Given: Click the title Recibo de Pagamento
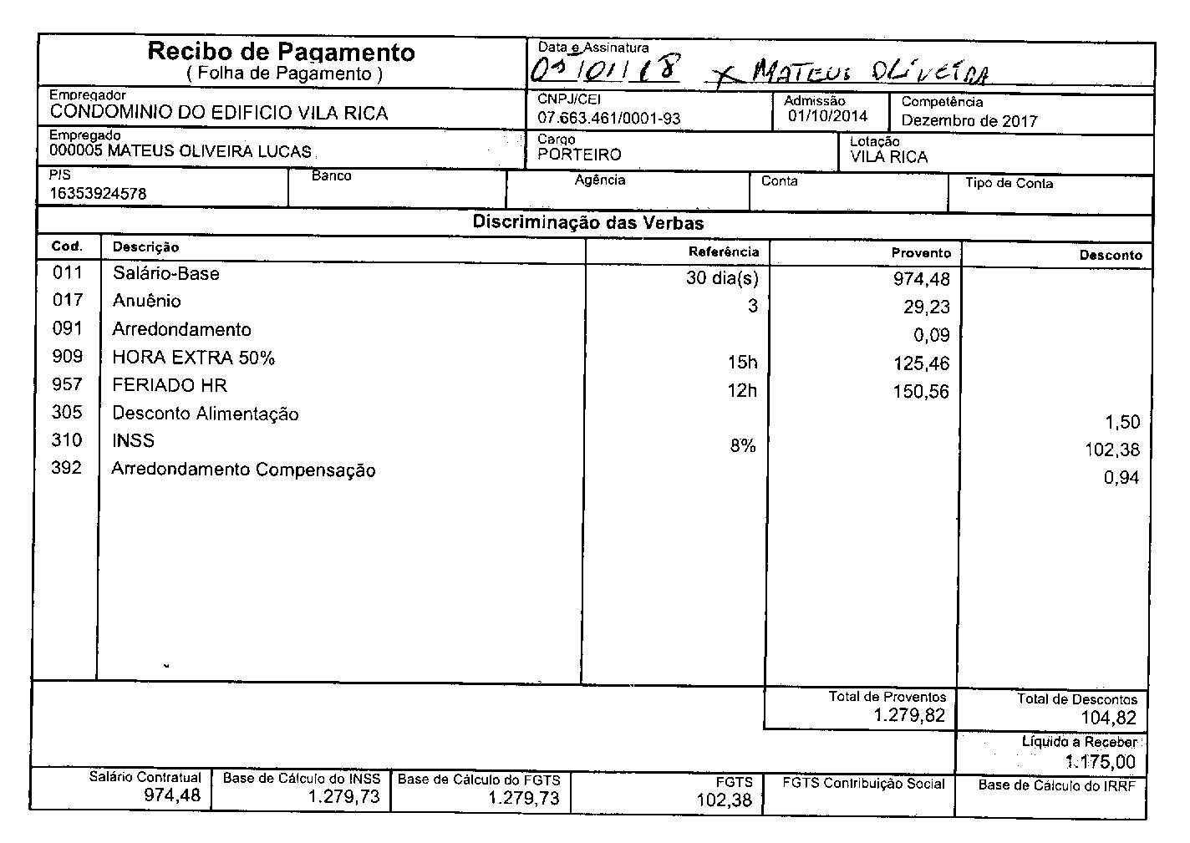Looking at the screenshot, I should [x=281, y=52].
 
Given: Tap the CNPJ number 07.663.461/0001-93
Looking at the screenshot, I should [x=608, y=119].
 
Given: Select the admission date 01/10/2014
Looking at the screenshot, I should [x=827, y=116].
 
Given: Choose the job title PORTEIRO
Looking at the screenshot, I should [x=579, y=155].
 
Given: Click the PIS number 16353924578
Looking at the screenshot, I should [x=98, y=193].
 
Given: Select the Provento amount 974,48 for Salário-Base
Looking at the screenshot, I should [x=922, y=279].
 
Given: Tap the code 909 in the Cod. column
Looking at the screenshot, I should [x=68, y=357].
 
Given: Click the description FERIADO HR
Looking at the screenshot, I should [x=170, y=385].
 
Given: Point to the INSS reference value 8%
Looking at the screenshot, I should [x=742, y=446].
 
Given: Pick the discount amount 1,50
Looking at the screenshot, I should [x=1121, y=422].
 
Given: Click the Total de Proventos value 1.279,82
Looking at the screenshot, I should [x=909, y=715].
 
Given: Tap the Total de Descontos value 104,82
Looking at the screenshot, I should [x=1108, y=718].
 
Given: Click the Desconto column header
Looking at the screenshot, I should [x=1110, y=256].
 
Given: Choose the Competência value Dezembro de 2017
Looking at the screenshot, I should [x=969, y=121].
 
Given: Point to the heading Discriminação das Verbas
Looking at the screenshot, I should [x=587, y=223].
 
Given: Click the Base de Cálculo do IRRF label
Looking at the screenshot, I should [x=1056, y=785].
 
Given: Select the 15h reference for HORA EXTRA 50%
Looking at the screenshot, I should [x=742, y=362].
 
